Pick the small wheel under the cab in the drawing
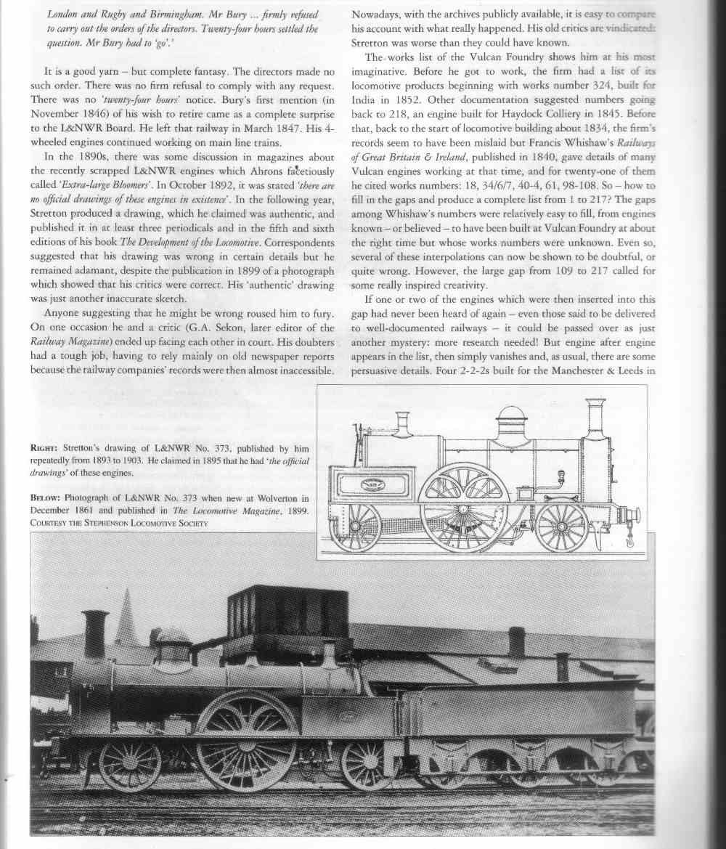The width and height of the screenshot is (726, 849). (x=355, y=525)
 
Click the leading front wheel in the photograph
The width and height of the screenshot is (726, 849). (x=130, y=765)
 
